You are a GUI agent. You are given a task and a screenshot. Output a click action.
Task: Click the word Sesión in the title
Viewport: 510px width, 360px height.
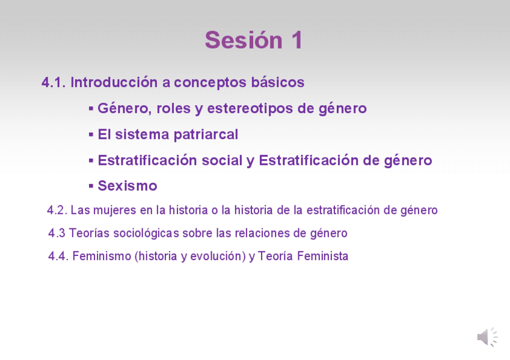(x=244, y=40)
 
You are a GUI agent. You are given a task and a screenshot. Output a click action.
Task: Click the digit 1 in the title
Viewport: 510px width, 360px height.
(x=297, y=40)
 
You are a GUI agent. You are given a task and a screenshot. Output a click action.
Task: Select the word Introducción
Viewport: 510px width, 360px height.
(x=114, y=82)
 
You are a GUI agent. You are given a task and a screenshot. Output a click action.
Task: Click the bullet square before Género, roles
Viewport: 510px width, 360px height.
(x=91, y=108)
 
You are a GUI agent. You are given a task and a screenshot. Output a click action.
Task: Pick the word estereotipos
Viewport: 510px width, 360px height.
(x=250, y=109)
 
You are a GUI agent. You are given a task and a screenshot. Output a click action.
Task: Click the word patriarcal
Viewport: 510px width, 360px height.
(x=206, y=135)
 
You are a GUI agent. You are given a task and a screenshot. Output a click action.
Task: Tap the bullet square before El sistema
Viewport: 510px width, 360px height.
(x=91, y=134)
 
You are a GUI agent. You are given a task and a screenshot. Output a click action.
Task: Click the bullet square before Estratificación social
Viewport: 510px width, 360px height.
(x=91, y=160)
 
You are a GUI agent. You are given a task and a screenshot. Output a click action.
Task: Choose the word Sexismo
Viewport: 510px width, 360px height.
(x=127, y=186)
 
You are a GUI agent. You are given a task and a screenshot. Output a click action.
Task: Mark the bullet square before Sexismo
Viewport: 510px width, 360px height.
(x=91, y=186)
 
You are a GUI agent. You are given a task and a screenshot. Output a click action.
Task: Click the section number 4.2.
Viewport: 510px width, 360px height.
(x=57, y=210)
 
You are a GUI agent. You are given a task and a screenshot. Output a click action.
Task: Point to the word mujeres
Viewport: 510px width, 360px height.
(x=114, y=210)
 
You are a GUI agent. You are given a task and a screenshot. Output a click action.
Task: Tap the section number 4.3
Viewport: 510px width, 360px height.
(x=57, y=233)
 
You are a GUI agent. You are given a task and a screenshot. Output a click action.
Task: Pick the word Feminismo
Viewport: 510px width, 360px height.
(x=102, y=256)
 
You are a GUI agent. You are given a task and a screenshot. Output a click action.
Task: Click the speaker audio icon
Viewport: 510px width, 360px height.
(x=487, y=337)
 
